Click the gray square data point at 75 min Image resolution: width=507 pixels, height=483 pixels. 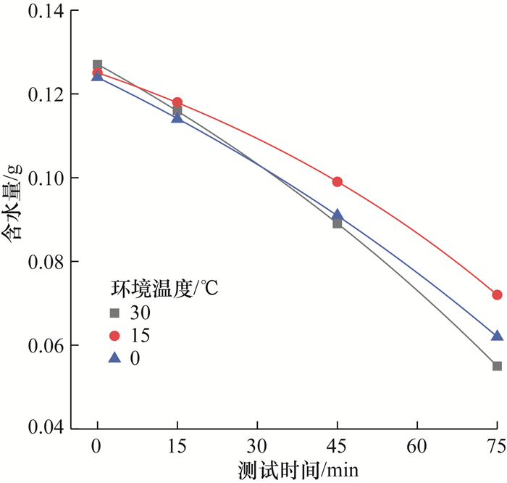click(497, 366)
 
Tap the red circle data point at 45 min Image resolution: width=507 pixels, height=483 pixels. click(337, 181)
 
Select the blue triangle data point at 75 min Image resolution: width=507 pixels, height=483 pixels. click(497, 335)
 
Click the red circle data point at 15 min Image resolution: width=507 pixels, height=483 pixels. click(177, 102)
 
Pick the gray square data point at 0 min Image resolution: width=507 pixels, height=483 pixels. click(98, 65)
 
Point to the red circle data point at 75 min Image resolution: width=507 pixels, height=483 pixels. click(497, 294)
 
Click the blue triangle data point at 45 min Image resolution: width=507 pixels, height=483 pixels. click(337, 215)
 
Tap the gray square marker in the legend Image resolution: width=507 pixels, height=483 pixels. click(113, 313)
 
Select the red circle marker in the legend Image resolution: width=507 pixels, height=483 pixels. click(113, 336)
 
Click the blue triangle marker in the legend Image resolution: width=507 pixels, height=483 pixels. click(113, 358)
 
